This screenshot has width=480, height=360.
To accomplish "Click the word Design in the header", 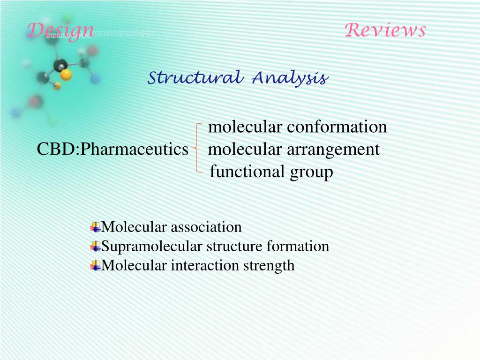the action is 60,31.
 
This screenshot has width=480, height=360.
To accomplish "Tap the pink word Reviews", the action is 385,30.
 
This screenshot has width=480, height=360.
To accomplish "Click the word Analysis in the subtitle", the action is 289,78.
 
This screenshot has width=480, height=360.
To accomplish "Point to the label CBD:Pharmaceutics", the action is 112,150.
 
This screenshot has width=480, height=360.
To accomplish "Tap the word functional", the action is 240,172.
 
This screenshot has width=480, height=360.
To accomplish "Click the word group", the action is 311,172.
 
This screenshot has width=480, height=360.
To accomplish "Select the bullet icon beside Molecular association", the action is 96,228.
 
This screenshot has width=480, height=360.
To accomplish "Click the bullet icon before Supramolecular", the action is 96,247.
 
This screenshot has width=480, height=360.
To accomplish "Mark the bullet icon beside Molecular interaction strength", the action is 96,266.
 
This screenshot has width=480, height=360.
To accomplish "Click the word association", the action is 206,227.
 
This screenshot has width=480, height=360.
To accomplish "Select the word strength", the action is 269,266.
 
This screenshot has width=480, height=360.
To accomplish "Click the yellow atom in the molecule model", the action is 66,74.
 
